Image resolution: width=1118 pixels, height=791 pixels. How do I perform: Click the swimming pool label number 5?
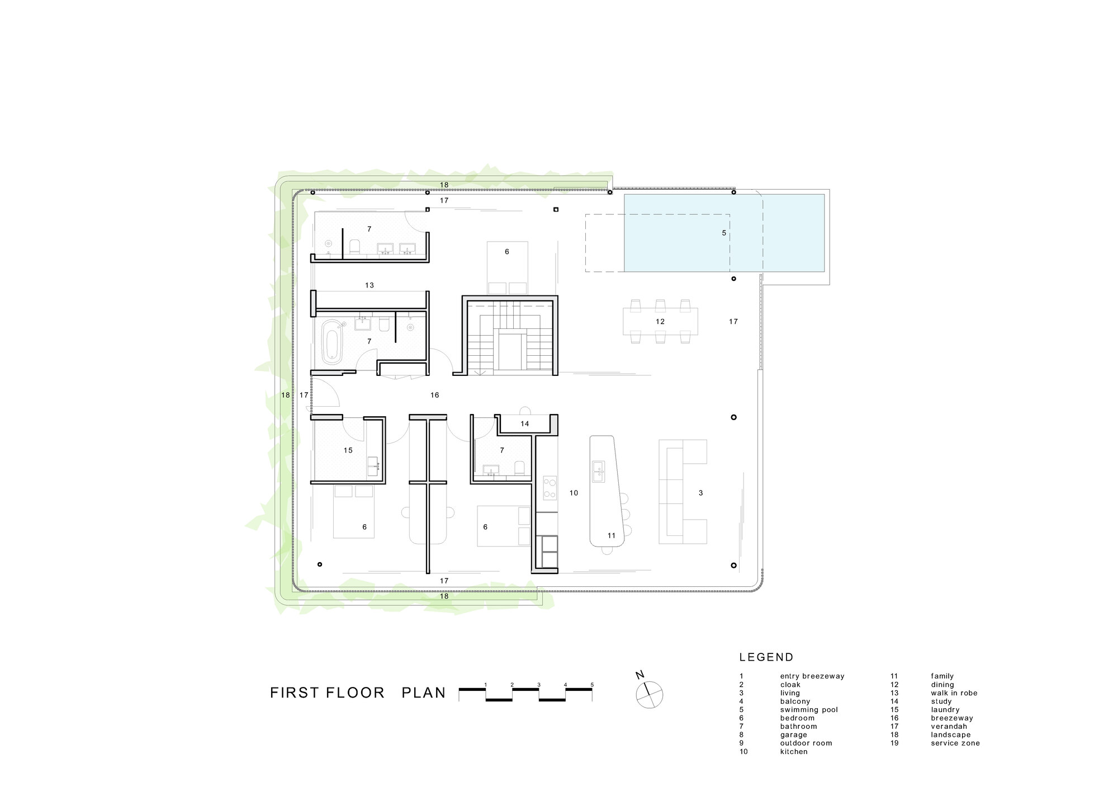pos(724,233)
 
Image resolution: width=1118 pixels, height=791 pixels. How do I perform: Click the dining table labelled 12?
pos(660,322)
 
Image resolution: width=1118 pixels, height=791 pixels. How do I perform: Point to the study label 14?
pos(524,424)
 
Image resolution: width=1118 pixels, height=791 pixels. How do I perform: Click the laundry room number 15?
pos(348,450)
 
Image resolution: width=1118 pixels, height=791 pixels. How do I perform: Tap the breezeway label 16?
pos(434,395)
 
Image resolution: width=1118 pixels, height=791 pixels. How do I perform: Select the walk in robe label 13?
pos(369,285)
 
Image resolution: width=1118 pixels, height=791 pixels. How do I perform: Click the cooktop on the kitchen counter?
pos(550,488)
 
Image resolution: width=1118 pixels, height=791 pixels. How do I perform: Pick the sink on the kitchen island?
pos(598,471)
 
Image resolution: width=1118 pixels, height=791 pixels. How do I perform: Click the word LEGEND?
pos(766,657)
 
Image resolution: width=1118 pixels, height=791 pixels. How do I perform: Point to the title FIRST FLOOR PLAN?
pos(358,693)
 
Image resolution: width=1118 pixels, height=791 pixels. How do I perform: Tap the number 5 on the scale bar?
pos(592,685)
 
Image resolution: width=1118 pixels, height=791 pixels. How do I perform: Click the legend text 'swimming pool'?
pos(809,710)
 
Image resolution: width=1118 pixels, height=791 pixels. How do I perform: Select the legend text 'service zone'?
pos(955,743)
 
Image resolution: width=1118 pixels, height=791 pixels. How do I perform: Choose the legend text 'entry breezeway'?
pos(812,676)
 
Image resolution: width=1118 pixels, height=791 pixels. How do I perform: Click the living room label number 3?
pos(700,493)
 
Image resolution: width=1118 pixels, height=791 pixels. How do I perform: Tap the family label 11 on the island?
pos(611,535)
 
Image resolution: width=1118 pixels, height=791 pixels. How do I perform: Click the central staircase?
pos(509,336)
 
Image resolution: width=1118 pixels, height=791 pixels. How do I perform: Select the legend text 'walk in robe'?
pos(954,693)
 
